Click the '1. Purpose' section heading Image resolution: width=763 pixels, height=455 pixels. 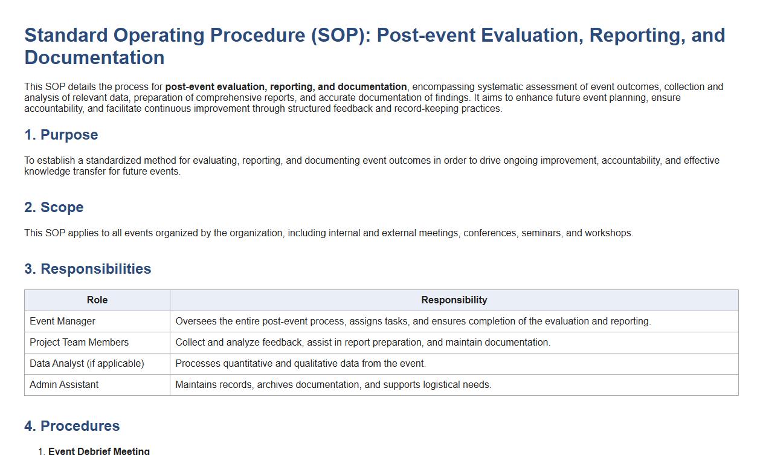(61, 135)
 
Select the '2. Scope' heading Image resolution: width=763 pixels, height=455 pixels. (54, 207)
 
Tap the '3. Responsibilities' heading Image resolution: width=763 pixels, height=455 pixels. (88, 268)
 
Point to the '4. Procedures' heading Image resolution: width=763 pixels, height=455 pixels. (72, 426)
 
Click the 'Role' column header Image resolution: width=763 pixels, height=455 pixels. (97, 300)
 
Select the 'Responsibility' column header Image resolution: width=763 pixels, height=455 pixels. (454, 300)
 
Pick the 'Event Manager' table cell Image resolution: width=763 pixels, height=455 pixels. (62, 321)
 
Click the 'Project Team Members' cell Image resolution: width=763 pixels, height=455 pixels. (79, 342)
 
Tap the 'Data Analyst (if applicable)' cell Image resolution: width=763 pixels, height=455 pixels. (87, 363)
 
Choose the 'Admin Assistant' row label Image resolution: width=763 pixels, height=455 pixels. (64, 384)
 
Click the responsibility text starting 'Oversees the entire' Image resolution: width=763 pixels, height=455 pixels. (413, 321)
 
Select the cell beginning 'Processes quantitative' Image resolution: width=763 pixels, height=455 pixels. (300, 363)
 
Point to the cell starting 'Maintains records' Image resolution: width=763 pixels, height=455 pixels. (333, 384)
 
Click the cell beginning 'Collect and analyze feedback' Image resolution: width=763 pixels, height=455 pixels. (362, 342)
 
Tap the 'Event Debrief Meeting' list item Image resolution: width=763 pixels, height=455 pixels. (99, 451)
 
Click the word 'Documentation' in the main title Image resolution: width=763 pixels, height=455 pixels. (94, 57)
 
